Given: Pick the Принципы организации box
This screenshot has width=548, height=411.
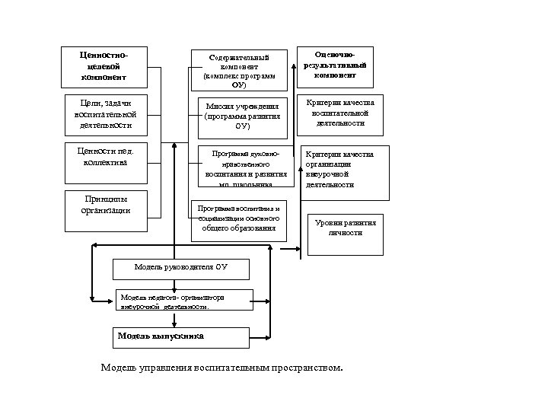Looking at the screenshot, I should (106, 205).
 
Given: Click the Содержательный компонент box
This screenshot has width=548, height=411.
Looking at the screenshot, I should (239, 71).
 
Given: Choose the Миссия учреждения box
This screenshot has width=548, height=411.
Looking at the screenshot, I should (243, 117).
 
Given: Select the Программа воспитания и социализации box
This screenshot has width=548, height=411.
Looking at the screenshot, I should (238, 220).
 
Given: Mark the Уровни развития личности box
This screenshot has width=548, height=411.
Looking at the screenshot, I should (346, 228).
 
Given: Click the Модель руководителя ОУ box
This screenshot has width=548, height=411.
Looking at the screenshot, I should (180, 268).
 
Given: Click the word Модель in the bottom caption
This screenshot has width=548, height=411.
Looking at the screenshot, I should (117, 368).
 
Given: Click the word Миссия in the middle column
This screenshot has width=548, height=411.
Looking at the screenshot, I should (217, 107).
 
